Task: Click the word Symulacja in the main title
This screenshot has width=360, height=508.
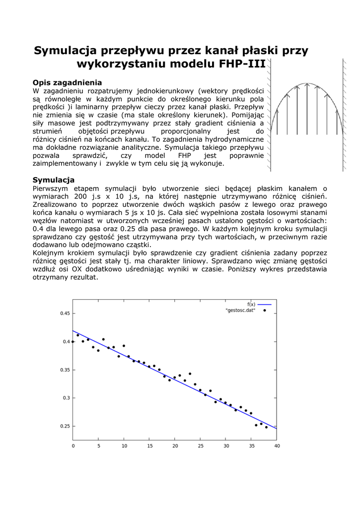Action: [x=65, y=51]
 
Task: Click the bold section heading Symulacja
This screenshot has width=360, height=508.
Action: [x=54, y=180]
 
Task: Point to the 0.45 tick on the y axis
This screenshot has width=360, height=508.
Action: [x=65, y=314]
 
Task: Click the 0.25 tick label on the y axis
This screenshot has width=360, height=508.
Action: [x=65, y=426]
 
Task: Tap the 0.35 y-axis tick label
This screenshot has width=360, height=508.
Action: [x=65, y=370]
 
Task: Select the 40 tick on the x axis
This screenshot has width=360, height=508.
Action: [x=277, y=446]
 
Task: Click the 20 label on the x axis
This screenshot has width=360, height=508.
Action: [x=175, y=446]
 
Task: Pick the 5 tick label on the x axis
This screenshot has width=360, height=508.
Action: [x=98, y=446]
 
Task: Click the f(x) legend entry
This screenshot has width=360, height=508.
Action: [x=251, y=304]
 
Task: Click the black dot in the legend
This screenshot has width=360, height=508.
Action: [x=265, y=310]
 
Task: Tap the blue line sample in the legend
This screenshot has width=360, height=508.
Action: [x=264, y=304]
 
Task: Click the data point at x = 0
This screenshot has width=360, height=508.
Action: [x=73, y=341]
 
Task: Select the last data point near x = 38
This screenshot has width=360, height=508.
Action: [x=266, y=427]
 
